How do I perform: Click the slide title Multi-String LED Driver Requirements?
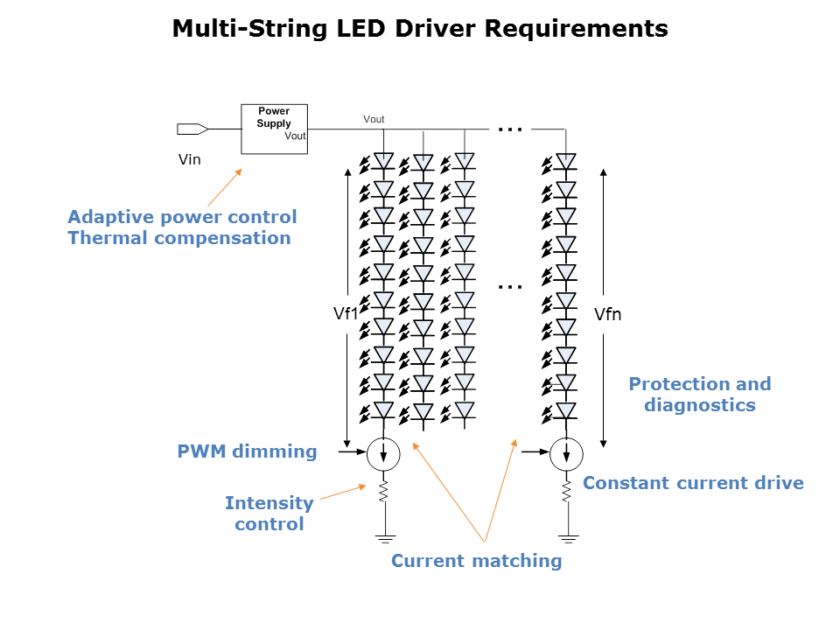pyautogui.click(x=420, y=29)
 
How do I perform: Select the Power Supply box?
pyautogui.click(x=274, y=129)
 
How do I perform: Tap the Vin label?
pyautogui.click(x=189, y=159)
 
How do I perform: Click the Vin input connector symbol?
pyautogui.click(x=192, y=129)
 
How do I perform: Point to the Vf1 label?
pyautogui.click(x=346, y=313)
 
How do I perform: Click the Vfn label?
pyautogui.click(x=607, y=313)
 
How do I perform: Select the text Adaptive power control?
pyautogui.click(x=182, y=217)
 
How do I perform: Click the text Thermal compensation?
pyautogui.click(x=179, y=238)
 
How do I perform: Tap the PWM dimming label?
pyautogui.click(x=247, y=451)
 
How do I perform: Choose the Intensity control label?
pyautogui.click(x=269, y=514)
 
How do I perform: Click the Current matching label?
pyautogui.click(x=476, y=561)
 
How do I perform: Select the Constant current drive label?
pyautogui.click(x=693, y=483)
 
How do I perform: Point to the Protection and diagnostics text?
pyautogui.click(x=700, y=395)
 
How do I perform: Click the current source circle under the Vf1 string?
pyautogui.click(x=383, y=452)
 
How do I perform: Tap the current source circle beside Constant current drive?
pyautogui.click(x=567, y=452)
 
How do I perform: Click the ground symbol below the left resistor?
pyautogui.click(x=383, y=537)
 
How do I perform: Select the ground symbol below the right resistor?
pyautogui.click(x=567, y=537)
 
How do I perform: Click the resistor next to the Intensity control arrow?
pyautogui.click(x=383, y=492)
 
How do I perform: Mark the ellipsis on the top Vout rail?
pyautogui.click(x=509, y=129)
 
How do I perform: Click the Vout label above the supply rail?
pyautogui.click(x=374, y=119)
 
